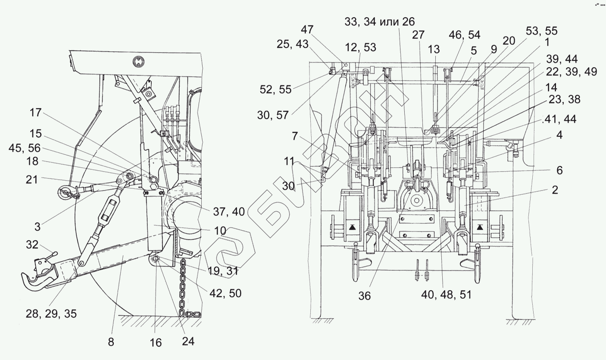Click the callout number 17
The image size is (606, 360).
click(x=35, y=113)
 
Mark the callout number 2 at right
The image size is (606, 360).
click(x=555, y=190)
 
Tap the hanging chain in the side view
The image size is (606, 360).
click(x=183, y=285)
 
